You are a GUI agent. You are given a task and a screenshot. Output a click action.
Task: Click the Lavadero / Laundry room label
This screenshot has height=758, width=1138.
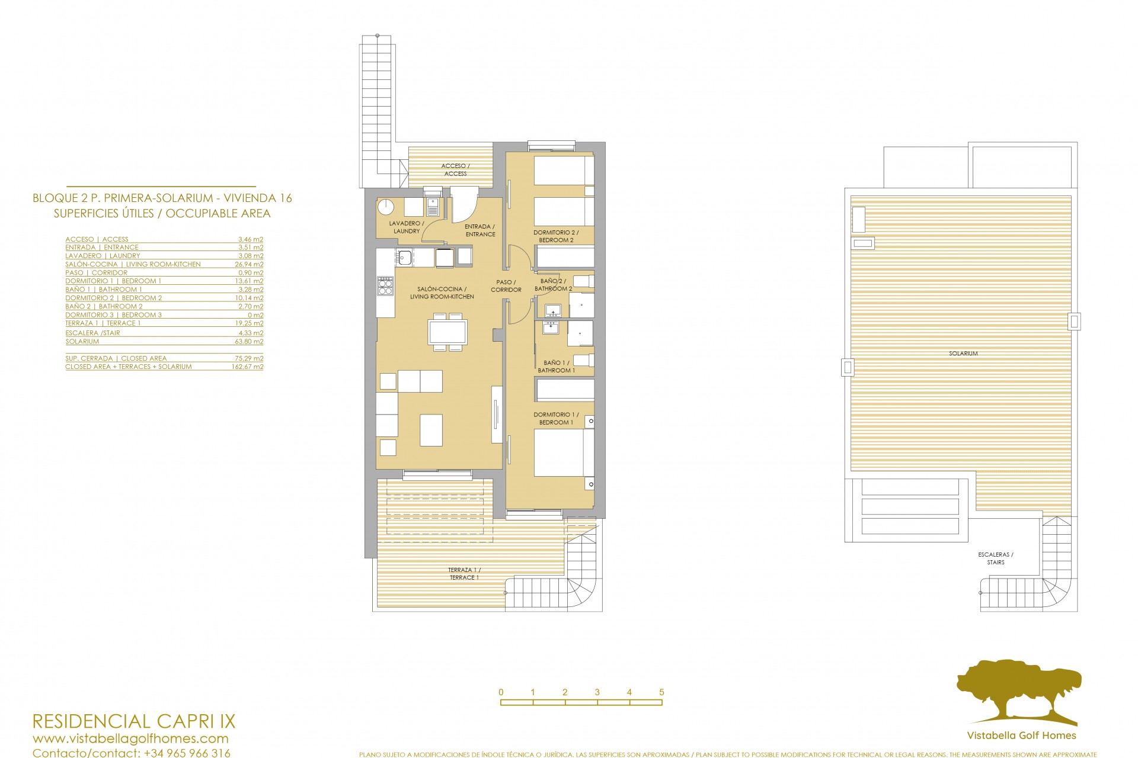pos(406,227)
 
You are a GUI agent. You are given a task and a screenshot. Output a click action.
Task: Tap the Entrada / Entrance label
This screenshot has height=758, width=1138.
pos(480,230)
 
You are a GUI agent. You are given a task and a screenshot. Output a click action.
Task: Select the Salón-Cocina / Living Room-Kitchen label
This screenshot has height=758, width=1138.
pos(442,293)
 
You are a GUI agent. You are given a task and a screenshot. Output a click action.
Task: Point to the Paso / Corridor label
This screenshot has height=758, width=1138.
pos(506,286)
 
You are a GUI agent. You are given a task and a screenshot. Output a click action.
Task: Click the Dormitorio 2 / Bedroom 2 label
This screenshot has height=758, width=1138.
pos(555,236)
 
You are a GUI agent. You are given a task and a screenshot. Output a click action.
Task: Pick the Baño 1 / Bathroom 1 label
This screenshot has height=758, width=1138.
pos(556,367)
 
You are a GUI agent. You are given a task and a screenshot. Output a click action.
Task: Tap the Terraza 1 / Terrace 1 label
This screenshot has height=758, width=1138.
pos(464,573)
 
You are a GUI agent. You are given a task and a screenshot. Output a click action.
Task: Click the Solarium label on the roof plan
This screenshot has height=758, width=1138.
pos(963,354)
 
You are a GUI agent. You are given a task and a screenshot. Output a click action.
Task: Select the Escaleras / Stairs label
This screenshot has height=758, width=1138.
pos(996,558)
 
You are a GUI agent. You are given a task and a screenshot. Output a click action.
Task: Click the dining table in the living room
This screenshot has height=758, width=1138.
pos(447,332)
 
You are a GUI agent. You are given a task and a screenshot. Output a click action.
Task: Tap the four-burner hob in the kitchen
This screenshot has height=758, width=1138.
pos(385,286)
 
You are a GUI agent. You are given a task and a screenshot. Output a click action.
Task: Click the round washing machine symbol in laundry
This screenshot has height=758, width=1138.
pos(386,207)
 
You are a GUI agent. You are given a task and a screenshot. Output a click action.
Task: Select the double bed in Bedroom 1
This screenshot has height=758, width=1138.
pos(564,453)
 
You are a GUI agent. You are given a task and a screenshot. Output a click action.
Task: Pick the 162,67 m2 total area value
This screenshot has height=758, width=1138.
pos(247,367)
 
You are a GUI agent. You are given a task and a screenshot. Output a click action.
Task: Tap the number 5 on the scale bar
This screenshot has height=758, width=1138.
pos(661,692)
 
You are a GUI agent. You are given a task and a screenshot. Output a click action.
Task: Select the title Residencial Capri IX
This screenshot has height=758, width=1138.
pos(133,721)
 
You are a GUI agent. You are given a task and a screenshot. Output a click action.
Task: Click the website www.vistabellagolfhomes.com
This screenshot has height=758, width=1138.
pos(130,738)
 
